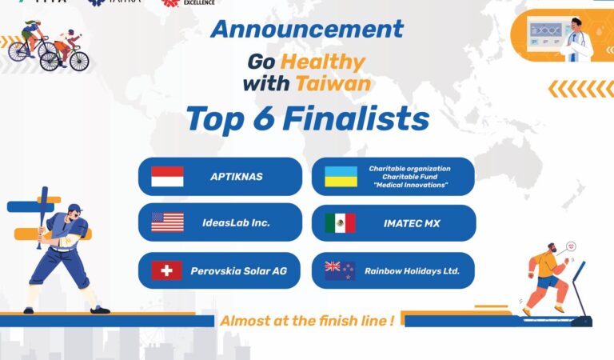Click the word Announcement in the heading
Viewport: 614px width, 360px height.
click(307, 30)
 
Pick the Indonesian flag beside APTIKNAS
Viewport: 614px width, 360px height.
click(167, 176)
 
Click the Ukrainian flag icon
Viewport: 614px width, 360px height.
click(341, 176)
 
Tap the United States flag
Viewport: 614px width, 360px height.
click(167, 222)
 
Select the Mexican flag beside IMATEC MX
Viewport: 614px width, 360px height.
click(340, 223)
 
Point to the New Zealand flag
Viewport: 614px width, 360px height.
click(340, 270)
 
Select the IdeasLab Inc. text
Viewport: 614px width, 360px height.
click(236, 223)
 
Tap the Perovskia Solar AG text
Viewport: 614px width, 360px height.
click(238, 270)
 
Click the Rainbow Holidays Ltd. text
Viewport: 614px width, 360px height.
click(413, 270)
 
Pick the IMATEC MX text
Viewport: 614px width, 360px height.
click(409, 223)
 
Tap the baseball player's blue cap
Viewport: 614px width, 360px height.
click(74, 209)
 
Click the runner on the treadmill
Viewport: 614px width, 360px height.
click(548, 276)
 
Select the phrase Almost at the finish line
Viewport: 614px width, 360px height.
click(307, 321)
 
